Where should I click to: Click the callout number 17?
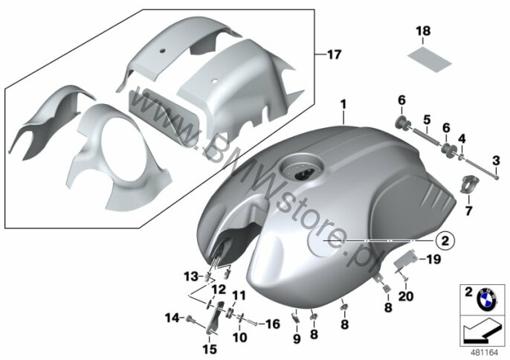point(334,54)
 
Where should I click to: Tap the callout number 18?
point(423,31)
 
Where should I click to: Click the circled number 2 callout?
point(445,241)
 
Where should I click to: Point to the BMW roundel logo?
point(486,298)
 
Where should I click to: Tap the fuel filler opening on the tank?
point(301,169)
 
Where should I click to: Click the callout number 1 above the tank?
point(343,104)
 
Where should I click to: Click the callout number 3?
point(496,161)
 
